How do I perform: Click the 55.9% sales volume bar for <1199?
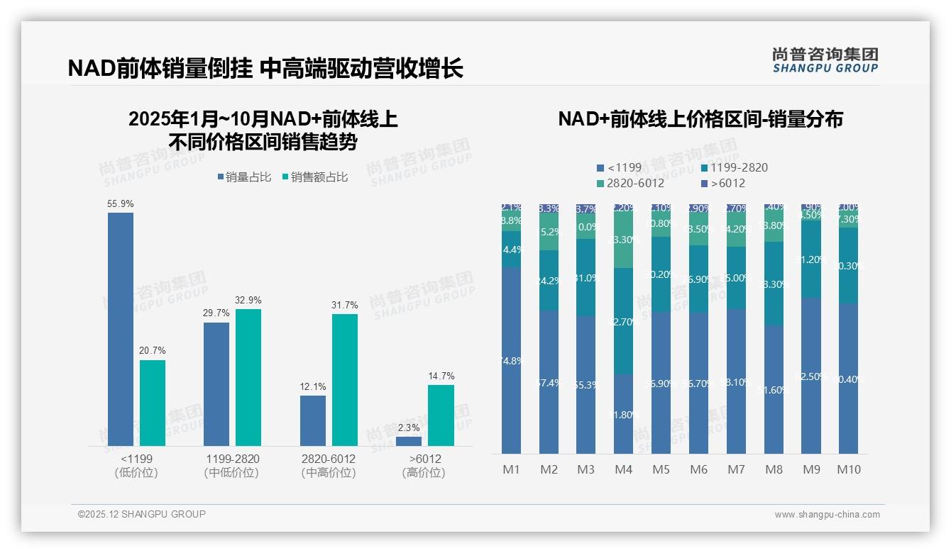click(121, 329)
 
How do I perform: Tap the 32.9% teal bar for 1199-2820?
click(248, 377)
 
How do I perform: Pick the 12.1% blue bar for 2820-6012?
click(313, 420)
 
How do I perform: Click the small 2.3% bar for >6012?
click(409, 441)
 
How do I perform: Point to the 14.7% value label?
click(441, 376)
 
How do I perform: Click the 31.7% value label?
click(345, 305)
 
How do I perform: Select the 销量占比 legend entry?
click(244, 177)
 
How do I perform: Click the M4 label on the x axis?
click(623, 469)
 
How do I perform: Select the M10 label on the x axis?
click(849, 469)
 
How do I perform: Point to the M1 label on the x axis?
click(511, 469)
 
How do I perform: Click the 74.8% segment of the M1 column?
click(511, 360)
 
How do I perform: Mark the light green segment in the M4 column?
click(623, 240)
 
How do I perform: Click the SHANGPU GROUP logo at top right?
click(825, 60)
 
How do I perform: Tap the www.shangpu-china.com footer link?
click(827, 515)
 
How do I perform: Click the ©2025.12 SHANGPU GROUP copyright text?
click(142, 514)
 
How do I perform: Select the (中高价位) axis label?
click(328, 472)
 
